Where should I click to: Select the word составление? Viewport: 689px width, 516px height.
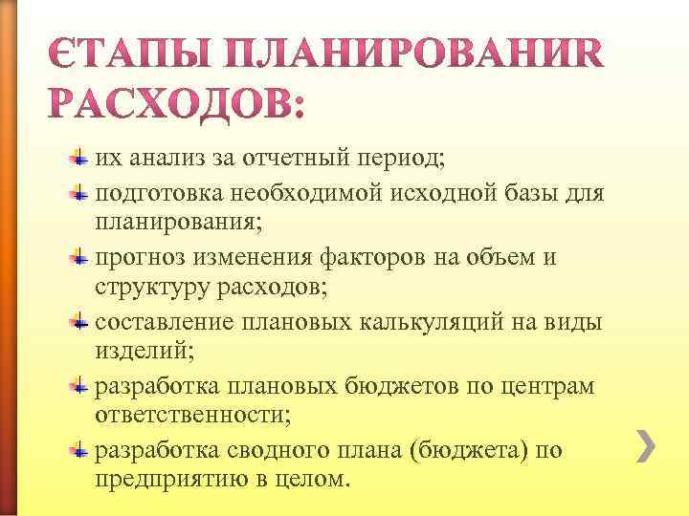[x=164, y=322]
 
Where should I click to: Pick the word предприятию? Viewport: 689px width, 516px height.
[x=167, y=478]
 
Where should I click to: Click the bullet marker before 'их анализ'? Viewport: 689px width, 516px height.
[x=82, y=158]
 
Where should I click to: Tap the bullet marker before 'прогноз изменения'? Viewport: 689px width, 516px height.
[x=82, y=258]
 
